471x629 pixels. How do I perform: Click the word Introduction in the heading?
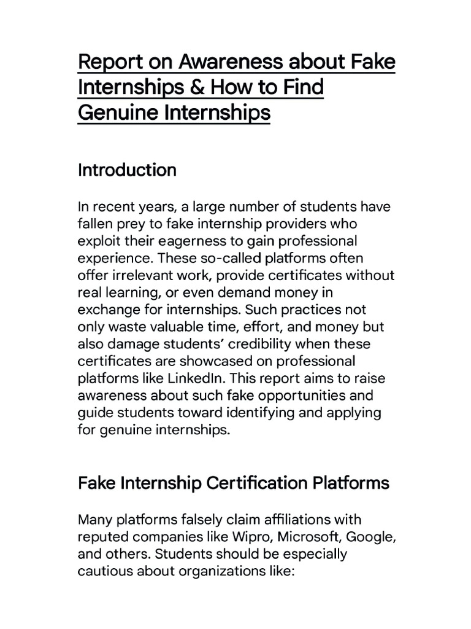127,170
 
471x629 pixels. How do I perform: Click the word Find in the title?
300,88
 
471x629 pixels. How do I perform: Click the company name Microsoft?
315,537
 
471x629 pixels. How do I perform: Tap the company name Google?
370,537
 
